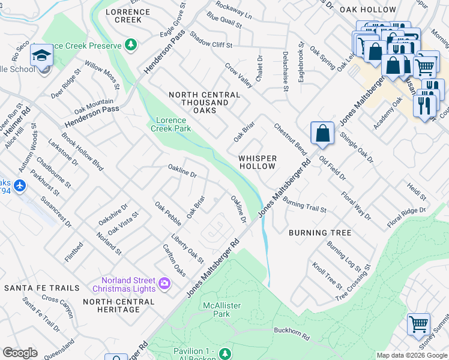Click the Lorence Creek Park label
pos(170,124)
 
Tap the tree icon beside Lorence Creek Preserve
pos(131,44)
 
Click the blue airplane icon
pos(20,186)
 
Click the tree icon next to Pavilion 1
pos(224,352)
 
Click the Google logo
pos(20,353)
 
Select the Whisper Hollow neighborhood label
pos(258,163)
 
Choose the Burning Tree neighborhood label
pos(319,233)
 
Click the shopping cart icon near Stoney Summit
pos(418,325)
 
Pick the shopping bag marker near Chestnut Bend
pos(322,133)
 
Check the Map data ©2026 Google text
pos(412,355)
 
